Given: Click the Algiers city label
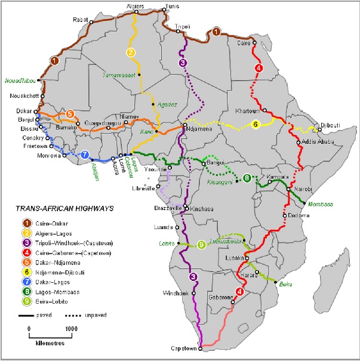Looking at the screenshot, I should coord(136,5).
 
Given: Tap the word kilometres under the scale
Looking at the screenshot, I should coord(47,344).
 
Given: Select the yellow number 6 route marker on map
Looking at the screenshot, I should coord(256,124).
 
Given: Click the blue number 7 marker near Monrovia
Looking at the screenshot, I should coord(85,155).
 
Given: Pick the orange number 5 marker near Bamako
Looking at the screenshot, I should coord(70,113).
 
